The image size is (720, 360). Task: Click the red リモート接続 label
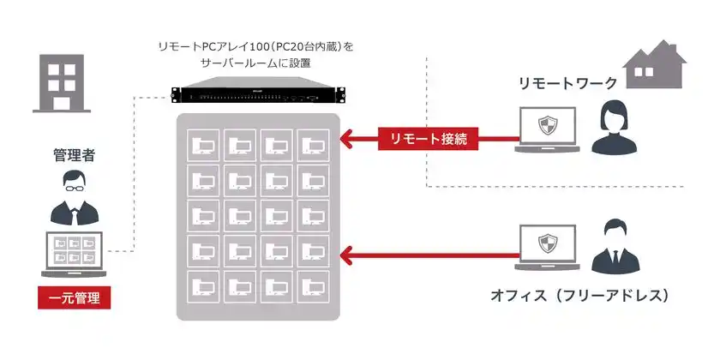point(429,139)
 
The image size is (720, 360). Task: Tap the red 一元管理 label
point(75,298)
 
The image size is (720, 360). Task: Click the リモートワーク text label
point(567,83)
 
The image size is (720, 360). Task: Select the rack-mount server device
point(258,93)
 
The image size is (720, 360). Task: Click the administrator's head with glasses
point(74,183)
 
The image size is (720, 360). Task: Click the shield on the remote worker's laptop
point(548,127)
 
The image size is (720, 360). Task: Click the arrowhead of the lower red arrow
point(346,255)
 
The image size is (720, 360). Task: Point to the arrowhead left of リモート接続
point(346,138)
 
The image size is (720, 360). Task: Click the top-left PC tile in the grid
point(204,144)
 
